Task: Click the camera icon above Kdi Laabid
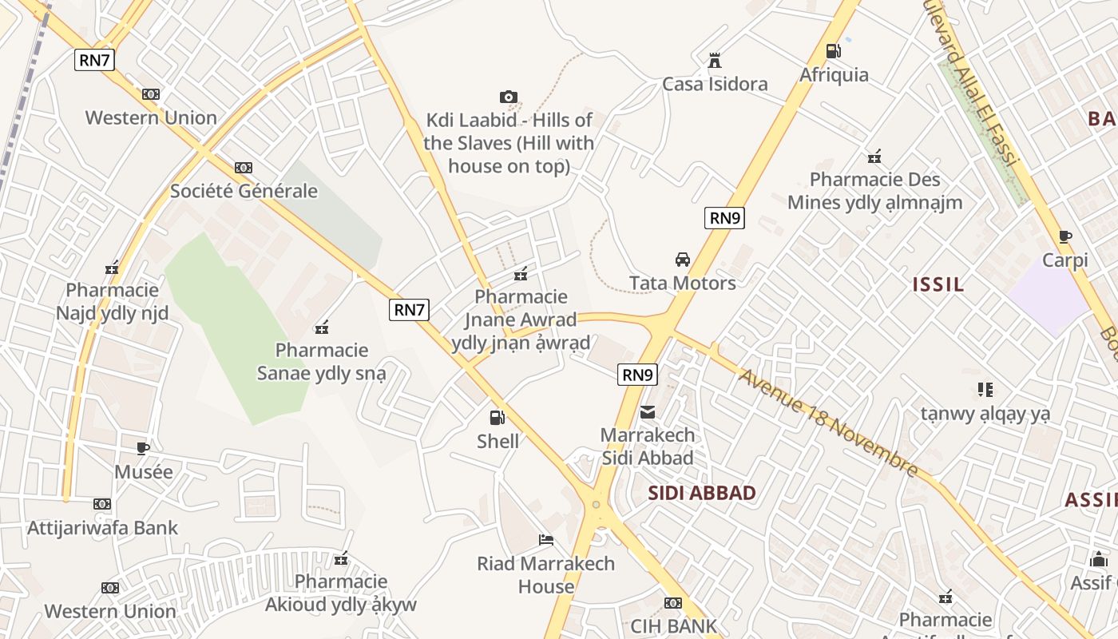[x=509, y=97]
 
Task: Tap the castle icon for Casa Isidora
[x=715, y=61]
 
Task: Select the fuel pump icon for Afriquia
[x=833, y=51]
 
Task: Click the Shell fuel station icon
[x=497, y=417]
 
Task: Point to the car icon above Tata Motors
[x=683, y=259]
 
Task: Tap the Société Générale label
[x=244, y=191]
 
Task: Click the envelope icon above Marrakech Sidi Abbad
[x=648, y=412]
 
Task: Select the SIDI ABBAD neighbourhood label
[x=702, y=493]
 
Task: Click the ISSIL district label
[x=938, y=284]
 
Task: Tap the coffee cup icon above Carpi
[x=1064, y=236]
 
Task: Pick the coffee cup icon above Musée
[x=143, y=448]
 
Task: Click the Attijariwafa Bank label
[x=103, y=528]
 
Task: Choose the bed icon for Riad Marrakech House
[x=546, y=540]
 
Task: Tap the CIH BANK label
[x=674, y=625]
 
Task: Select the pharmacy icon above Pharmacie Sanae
[x=322, y=327]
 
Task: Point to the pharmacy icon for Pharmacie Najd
[x=112, y=268]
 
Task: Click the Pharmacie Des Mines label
[x=874, y=191]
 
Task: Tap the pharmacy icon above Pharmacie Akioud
[x=341, y=558]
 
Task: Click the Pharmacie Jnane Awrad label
[x=521, y=319]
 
